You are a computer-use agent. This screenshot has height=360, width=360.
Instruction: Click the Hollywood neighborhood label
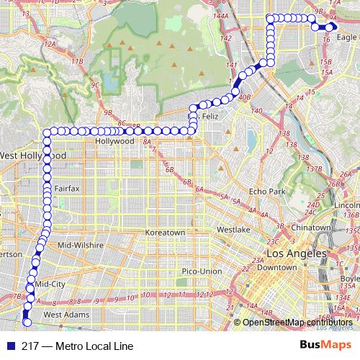(115, 142)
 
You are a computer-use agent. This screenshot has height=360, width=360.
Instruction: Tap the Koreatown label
(166, 233)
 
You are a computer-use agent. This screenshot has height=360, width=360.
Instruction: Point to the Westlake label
(233, 229)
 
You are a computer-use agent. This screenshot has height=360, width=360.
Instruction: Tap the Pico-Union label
(202, 271)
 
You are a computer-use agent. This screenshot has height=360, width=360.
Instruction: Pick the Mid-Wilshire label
(76, 246)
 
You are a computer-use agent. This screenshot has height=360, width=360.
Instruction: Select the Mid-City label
(50, 284)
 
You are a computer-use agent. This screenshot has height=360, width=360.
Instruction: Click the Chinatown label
(311, 228)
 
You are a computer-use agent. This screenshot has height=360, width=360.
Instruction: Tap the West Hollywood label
(33, 156)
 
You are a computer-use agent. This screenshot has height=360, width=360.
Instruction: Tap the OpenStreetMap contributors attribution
(297, 322)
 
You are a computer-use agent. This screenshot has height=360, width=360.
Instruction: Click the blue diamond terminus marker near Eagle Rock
(330, 27)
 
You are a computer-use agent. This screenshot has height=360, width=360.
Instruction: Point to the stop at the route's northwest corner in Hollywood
(48, 132)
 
